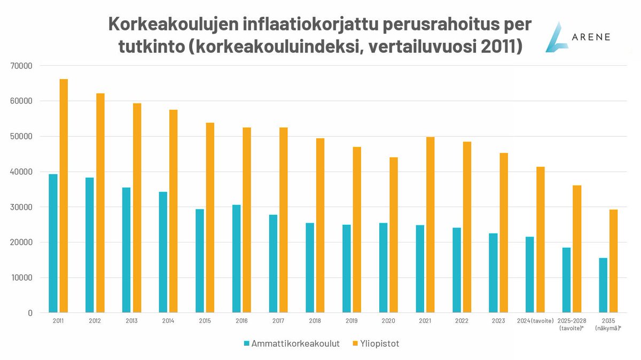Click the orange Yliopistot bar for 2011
[x=64, y=195]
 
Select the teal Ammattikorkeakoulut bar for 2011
[x=53, y=243]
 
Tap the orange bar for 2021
[x=431, y=224]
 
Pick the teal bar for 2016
[x=237, y=259]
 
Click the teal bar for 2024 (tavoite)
[x=530, y=275]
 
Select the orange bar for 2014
[x=174, y=211]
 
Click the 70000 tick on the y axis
[x=22, y=66]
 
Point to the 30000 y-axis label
[x=22, y=207]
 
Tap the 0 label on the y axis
[x=30, y=312]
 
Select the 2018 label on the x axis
[x=315, y=320]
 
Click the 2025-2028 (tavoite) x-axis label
[x=572, y=324]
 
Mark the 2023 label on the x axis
[x=498, y=320]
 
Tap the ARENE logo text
[x=587, y=37]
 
